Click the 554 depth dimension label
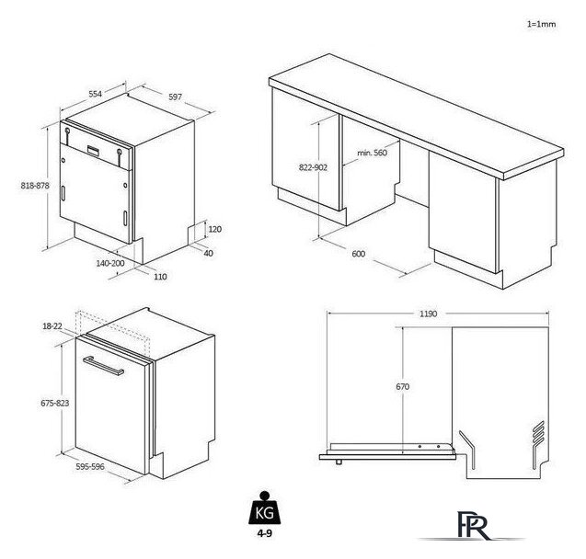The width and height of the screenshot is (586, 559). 95,94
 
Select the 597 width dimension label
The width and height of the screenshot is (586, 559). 175,97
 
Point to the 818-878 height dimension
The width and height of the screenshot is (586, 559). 35,185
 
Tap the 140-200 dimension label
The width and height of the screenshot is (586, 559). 110,263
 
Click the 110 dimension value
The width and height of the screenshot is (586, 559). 160,277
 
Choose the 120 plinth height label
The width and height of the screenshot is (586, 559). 215,229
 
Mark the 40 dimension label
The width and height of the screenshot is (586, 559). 209,253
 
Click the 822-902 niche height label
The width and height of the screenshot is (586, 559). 313,167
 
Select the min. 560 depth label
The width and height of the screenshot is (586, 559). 372,153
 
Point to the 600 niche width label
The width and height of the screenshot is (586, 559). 358,254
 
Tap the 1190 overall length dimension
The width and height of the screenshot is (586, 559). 428,314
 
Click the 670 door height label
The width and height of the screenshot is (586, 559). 403,386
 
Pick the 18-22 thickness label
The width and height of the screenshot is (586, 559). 52,326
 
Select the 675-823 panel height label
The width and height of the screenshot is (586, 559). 55,403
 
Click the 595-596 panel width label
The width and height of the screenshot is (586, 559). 90,466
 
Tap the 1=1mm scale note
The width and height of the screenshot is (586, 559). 541,24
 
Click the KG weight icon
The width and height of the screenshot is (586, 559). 264,508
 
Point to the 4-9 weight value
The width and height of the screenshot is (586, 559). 264,533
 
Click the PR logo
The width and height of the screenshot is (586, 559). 472,526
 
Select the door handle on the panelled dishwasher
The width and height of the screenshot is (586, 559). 103,366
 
